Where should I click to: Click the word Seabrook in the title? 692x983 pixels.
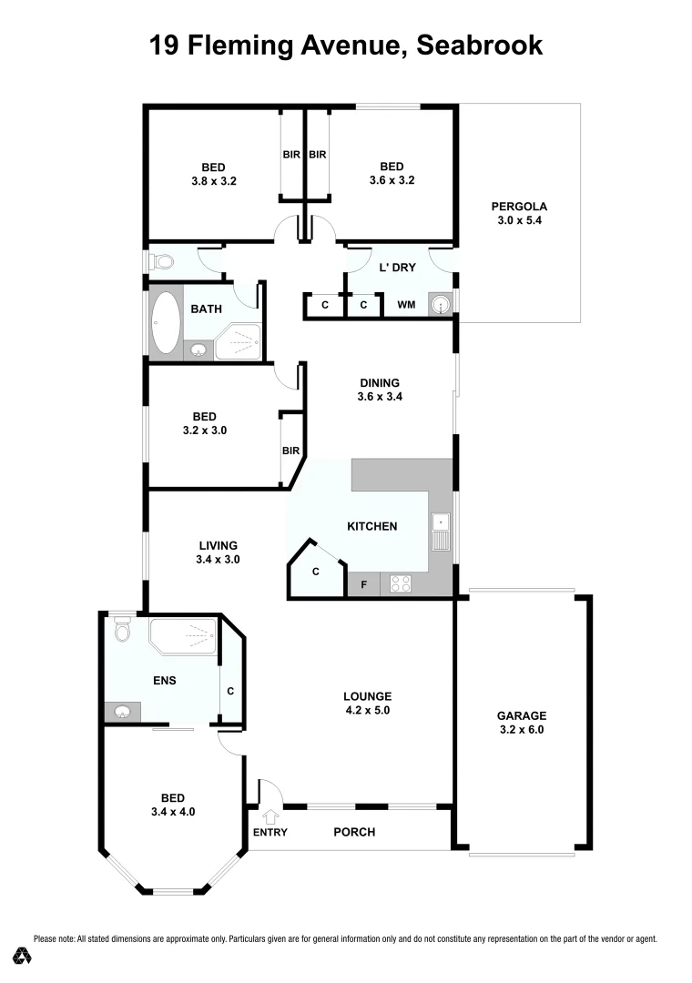point(479,46)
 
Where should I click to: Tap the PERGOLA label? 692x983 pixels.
point(519,207)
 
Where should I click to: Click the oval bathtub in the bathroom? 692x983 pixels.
point(166,322)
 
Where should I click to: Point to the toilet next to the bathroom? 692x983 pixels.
point(164,262)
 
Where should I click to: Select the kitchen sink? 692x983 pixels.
point(441,532)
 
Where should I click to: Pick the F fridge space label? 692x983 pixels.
point(363,584)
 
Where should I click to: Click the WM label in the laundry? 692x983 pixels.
point(406,305)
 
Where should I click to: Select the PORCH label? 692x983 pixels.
point(354,832)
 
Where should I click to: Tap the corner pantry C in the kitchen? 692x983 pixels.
point(315,572)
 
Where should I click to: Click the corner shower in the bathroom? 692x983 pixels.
point(239,340)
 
